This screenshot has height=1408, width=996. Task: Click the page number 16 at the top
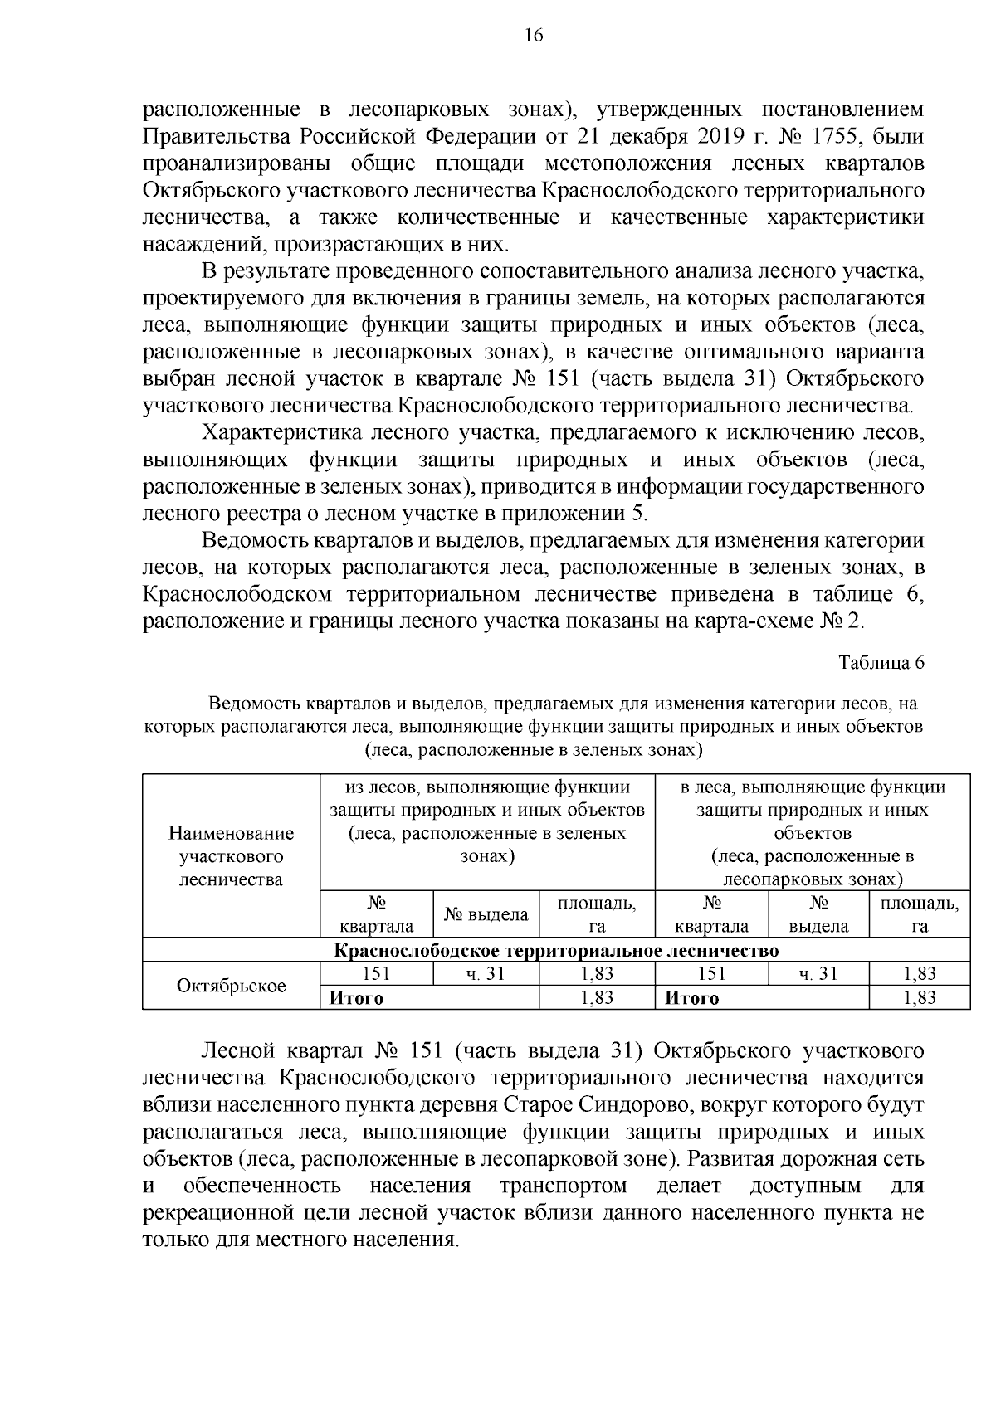click(534, 36)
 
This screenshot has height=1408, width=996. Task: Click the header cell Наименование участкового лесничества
click(232, 855)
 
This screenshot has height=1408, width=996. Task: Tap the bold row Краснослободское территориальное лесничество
click(556, 950)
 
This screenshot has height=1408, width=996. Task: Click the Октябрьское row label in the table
click(232, 986)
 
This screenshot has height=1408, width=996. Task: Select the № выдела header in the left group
click(486, 914)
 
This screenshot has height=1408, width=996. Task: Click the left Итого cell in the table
click(357, 998)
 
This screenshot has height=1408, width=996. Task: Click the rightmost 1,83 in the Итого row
click(920, 998)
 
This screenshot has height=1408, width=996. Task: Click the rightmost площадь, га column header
click(920, 914)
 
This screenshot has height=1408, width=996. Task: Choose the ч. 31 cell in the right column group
click(818, 974)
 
